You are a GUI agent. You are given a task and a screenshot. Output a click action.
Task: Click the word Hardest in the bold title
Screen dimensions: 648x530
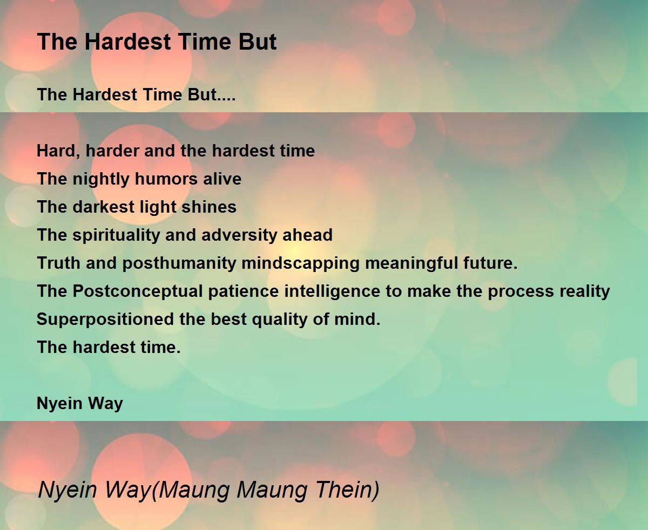(127, 42)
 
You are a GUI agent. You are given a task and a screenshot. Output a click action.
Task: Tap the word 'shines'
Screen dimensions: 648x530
(209, 207)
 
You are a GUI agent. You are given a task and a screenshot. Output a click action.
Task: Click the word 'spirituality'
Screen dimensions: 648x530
(117, 235)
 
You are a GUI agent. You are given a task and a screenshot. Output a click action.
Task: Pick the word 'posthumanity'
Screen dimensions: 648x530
(179, 264)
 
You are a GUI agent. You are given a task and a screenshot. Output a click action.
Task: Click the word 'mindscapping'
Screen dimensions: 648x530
(300, 264)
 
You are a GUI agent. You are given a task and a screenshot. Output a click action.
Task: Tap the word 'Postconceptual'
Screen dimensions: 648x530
(138, 291)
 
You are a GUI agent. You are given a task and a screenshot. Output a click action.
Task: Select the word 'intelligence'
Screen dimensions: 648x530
(332, 291)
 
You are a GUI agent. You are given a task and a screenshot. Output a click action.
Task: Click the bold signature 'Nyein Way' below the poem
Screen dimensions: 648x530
(80, 404)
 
